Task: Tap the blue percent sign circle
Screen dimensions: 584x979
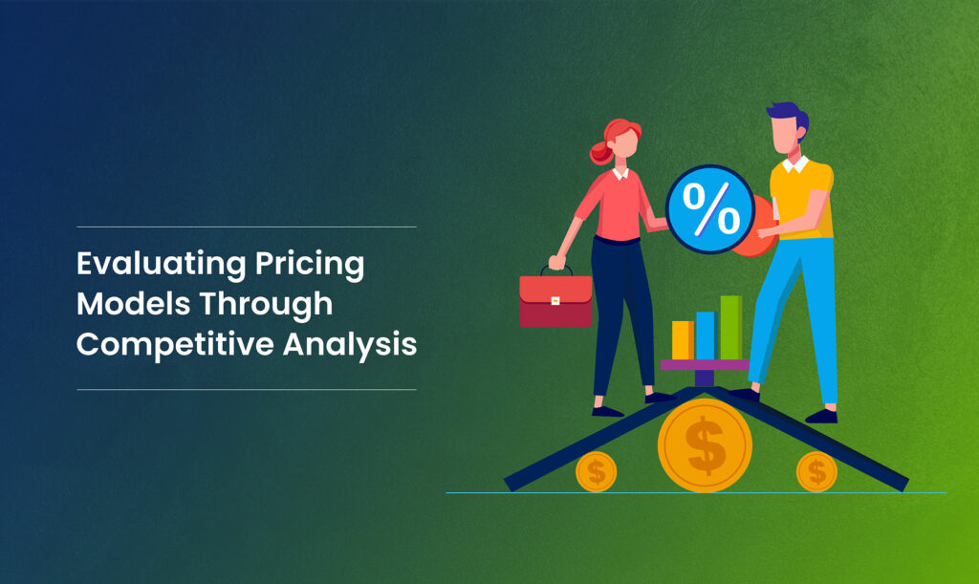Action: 709,210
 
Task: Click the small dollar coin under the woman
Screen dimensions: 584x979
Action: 596,471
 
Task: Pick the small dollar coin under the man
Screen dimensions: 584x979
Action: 816,471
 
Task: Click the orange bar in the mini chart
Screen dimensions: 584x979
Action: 682,340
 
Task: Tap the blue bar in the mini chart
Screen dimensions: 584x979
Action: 706,335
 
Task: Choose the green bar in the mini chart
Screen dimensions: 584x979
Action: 730,328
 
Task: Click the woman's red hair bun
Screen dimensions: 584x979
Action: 598,152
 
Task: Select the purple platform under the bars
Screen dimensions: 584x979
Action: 705,364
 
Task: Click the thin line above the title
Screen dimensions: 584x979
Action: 246,227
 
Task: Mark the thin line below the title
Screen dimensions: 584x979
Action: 246,389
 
